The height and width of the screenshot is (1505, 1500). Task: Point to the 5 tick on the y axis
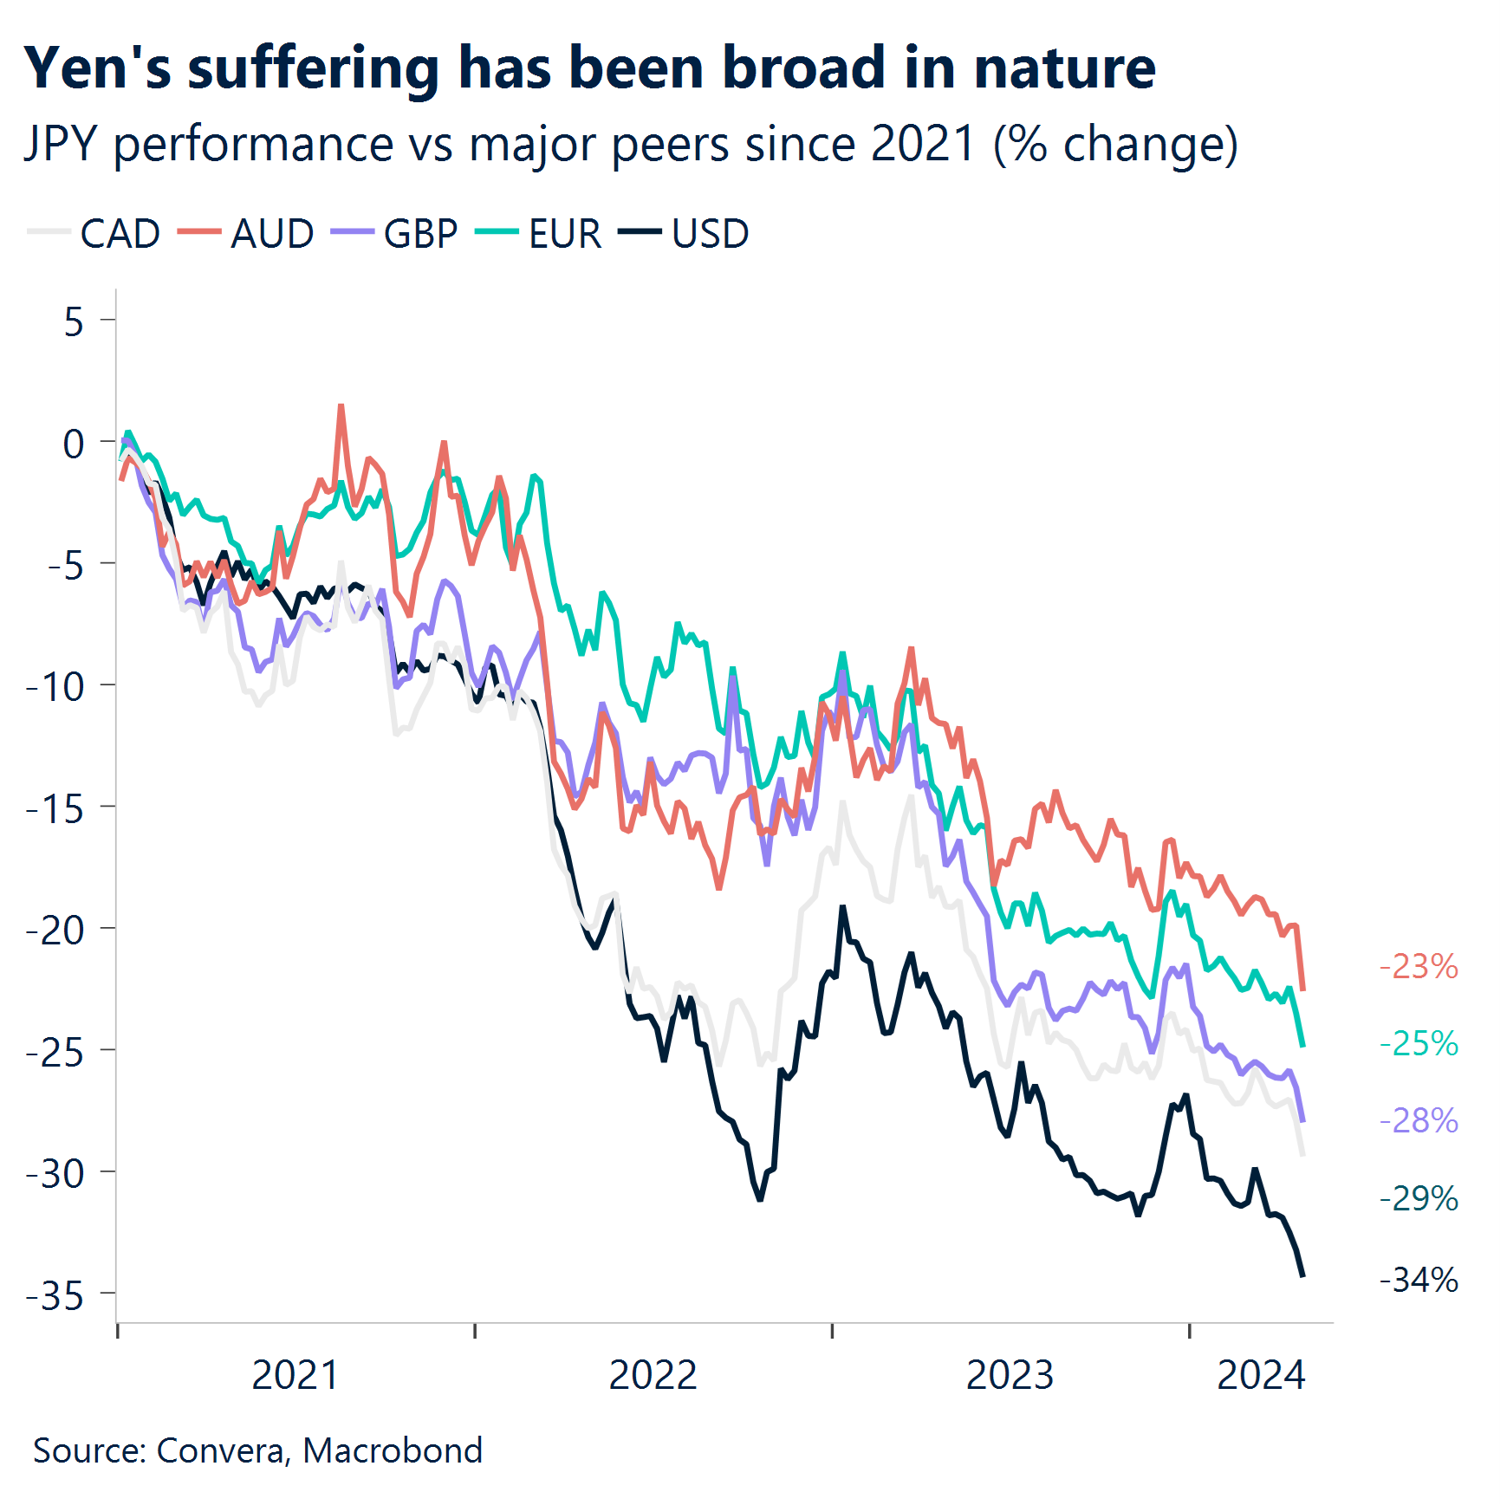coord(74,322)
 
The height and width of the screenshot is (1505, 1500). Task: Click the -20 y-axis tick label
coord(55,931)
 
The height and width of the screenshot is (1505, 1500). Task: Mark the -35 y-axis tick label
coord(55,1296)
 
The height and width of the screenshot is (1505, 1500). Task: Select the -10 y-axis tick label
coord(55,687)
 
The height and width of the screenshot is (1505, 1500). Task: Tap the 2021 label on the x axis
coord(295,1375)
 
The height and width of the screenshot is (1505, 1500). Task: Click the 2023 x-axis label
coord(1010,1375)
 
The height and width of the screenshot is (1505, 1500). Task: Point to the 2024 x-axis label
coord(1261,1375)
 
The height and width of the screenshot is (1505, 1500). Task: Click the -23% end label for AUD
coord(1419,966)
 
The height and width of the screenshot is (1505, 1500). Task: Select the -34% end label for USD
coord(1419,1280)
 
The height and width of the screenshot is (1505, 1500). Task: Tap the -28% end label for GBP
coord(1419,1120)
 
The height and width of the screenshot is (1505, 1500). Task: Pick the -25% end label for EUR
coord(1419,1043)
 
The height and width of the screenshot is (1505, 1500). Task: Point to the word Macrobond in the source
coord(393,1450)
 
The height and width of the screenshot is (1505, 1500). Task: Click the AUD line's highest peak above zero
coord(341,405)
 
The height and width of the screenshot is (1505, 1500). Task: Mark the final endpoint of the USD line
coord(1302,1275)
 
